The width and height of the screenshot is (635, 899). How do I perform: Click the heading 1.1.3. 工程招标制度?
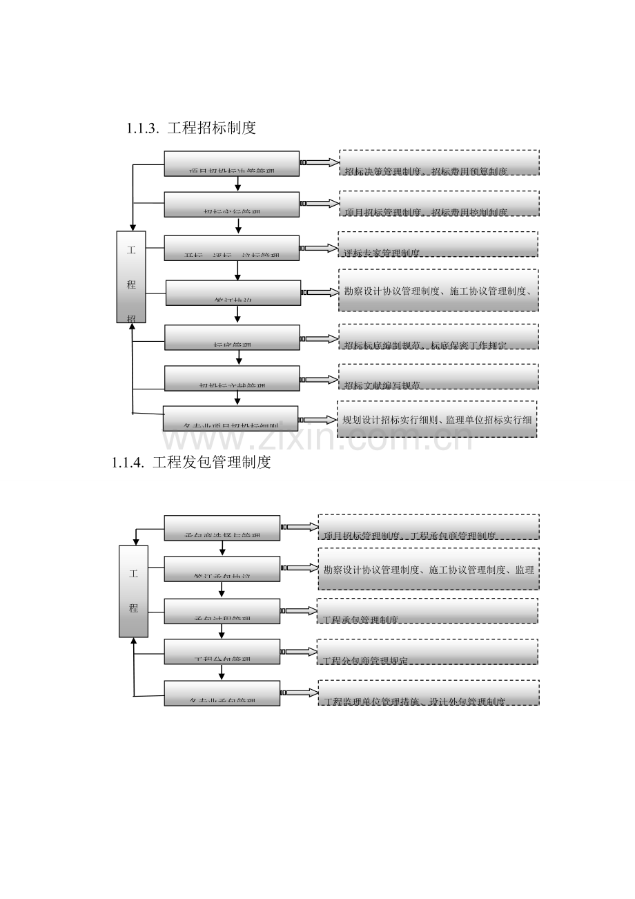[x=191, y=128]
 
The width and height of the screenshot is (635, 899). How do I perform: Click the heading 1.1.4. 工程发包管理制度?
[x=191, y=463]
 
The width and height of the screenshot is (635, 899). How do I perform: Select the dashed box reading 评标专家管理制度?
[x=438, y=244]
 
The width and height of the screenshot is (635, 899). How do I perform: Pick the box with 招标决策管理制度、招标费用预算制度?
[x=439, y=162]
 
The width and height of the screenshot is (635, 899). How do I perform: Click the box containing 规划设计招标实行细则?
[x=437, y=419]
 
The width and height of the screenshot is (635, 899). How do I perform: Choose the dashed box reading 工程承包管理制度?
[x=428, y=611]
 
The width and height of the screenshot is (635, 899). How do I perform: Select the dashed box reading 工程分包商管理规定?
[x=428, y=652]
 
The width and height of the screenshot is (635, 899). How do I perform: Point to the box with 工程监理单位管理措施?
[x=428, y=693]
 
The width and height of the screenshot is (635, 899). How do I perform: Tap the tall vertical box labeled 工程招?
[x=131, y=276]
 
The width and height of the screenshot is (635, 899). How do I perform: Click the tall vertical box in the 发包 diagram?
[x=133, y=591]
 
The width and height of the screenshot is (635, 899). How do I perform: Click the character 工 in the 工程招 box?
[x=131, y=250]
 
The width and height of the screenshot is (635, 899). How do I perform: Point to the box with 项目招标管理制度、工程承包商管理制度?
[x=428, y=527]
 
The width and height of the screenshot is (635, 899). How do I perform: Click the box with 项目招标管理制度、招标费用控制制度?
[x=439, y=204]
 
